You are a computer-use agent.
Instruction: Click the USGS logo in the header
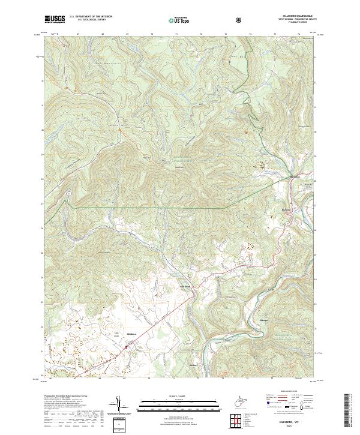point(55,19)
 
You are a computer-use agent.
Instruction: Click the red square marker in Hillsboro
point(126,346)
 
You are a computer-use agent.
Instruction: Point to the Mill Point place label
point(185,286)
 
